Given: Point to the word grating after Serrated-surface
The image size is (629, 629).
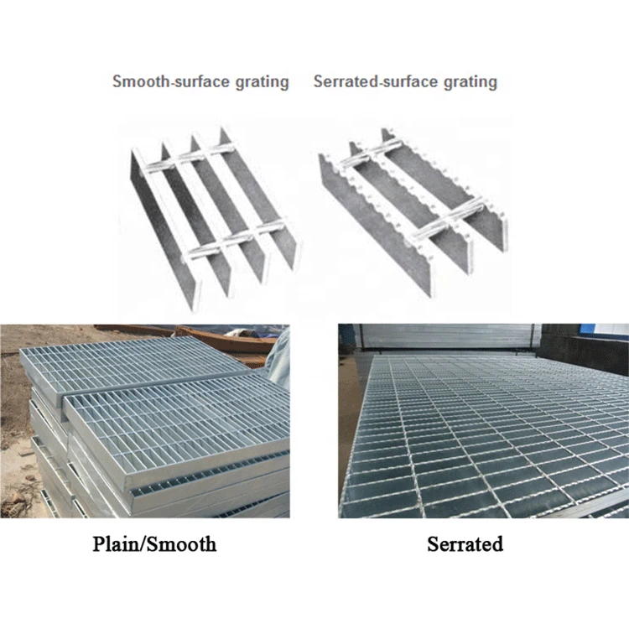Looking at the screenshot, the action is click(x=470, y=81).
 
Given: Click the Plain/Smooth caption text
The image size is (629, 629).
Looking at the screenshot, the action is click(x=154, y=544).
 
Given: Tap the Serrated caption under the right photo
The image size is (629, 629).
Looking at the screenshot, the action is click(x=465, y=544).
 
